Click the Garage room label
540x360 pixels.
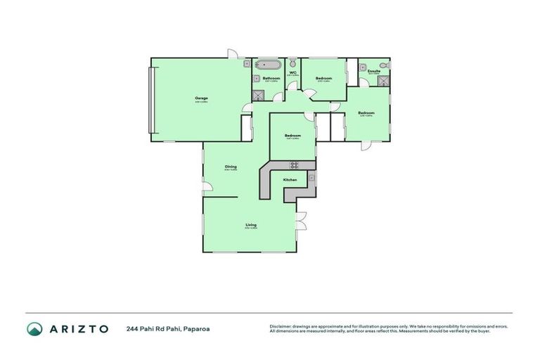pos(200,98)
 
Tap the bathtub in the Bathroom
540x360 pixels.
pos(268,66)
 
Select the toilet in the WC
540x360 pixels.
pos(291,64)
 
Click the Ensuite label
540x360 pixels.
pos(373,71)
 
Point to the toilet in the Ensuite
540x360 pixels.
pos(384,65)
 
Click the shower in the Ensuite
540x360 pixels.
pos(383,80)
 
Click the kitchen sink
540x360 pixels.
pos(311,179)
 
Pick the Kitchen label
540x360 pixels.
pos(290,181)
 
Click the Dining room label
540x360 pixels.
pos(231,167)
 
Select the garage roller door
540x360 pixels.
pos(150,98)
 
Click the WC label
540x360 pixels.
pos(292,72)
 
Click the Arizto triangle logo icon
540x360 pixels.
pos(34,328)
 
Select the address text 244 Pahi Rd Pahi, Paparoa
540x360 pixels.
pos(168,328)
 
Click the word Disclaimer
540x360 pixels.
pos(281,326)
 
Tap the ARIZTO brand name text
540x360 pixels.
pos(78,328)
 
